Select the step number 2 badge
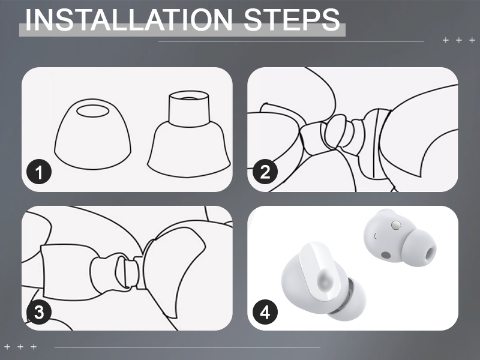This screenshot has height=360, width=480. tap(265, 173)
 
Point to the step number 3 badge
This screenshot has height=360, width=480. tap(40, 312)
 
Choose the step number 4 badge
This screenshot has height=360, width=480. tap(265, 312)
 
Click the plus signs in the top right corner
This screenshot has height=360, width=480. tap(454, 40)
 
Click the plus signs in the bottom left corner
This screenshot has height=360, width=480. tap(20, 347)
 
